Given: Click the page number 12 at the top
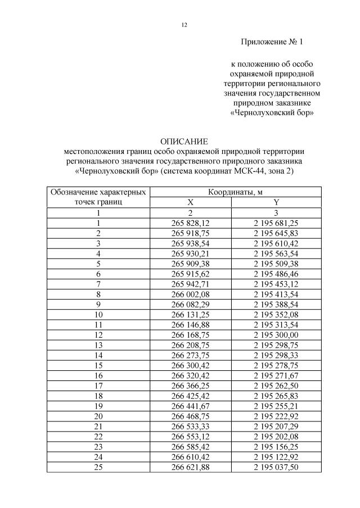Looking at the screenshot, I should [x=184, y=25].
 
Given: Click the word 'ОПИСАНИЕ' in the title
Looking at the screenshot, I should [x=184, y=141].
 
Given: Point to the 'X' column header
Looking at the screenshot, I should [x=190, y=202].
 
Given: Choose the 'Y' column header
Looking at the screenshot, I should [x=276, y=202].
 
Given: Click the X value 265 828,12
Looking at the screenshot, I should [x=190, y=223].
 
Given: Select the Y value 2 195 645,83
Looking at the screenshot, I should [x=276, y=233].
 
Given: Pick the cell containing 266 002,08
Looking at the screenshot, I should [x=190, y=294].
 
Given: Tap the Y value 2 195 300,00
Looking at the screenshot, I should [x=276, y=335].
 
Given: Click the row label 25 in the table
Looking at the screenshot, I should [x=98, y=467].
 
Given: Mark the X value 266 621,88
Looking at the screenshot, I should [x=190, y=467].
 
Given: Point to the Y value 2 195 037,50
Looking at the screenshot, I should [x=276, y=467].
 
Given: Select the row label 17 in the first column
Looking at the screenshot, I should [x=98, y=385].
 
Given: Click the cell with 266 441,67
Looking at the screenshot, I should [x=190, y=406].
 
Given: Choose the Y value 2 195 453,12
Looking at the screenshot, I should [x=276, y=284].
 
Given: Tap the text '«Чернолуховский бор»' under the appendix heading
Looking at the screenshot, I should [x=272, y=113].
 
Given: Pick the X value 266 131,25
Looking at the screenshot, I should [x=190, y=315].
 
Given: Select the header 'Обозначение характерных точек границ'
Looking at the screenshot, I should [x=98, y=197].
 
